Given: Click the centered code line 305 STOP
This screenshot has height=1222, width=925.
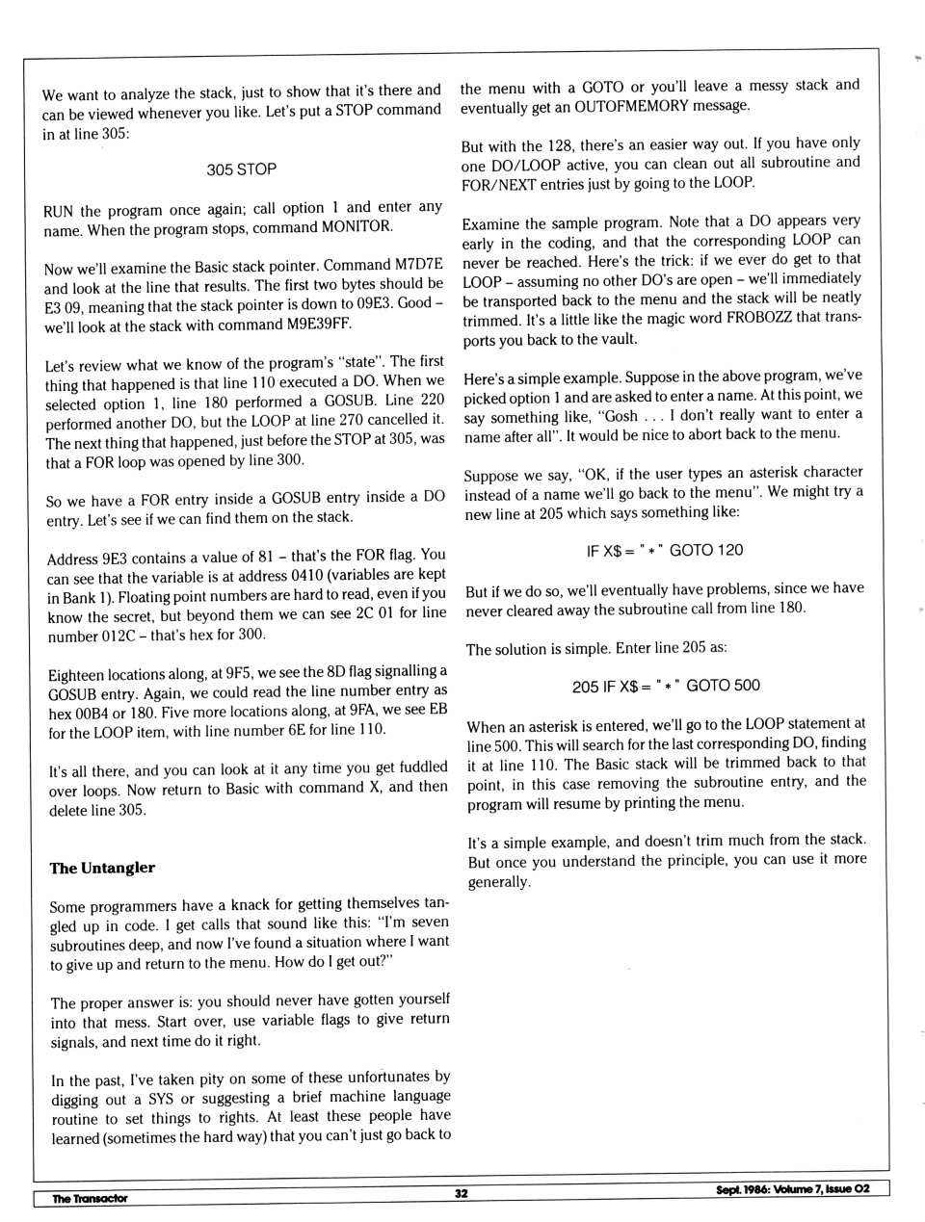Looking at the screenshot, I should (x=241, y=169).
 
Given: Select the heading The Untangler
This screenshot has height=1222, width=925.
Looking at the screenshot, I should (x=102, y=868).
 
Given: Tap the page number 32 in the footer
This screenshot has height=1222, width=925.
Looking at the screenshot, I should (x=462, y=1193).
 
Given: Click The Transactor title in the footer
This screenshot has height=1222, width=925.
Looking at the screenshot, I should (x=90, y=1198).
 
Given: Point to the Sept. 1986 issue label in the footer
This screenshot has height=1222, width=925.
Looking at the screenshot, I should (x=792, y=1188).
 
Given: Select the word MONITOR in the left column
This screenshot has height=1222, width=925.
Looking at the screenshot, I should (x=357, y=227).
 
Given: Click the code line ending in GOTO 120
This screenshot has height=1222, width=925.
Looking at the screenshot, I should (x=664, y=550).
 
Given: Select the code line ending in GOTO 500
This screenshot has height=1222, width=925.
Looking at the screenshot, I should (x=666, y=686).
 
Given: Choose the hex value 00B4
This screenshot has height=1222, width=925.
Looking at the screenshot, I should (x=89, y=713).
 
